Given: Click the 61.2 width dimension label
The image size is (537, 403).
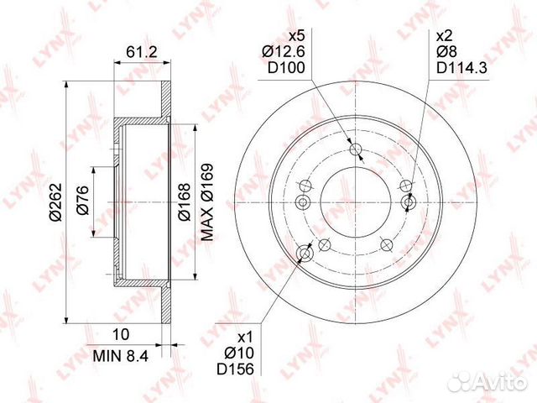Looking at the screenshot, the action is [x=142, y=52].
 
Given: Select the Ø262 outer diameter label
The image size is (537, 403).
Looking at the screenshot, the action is [x=55, y=202].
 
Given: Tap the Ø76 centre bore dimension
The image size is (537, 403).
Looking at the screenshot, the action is [x=82, y=200].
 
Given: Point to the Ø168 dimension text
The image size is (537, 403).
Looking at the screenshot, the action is [x=184, y=202].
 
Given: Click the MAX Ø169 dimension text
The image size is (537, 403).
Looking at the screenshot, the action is [x=207, y=202].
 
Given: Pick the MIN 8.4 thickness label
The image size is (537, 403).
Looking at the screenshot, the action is [x=121, y=356].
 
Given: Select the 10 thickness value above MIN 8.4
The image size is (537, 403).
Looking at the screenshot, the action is [x=121, y=334].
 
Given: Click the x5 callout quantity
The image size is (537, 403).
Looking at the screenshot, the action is [x=297, y=35].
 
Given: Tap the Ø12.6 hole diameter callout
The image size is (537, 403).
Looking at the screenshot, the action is [x=284, y=52].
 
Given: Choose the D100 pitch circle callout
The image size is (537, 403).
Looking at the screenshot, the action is [x=286, y=68].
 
